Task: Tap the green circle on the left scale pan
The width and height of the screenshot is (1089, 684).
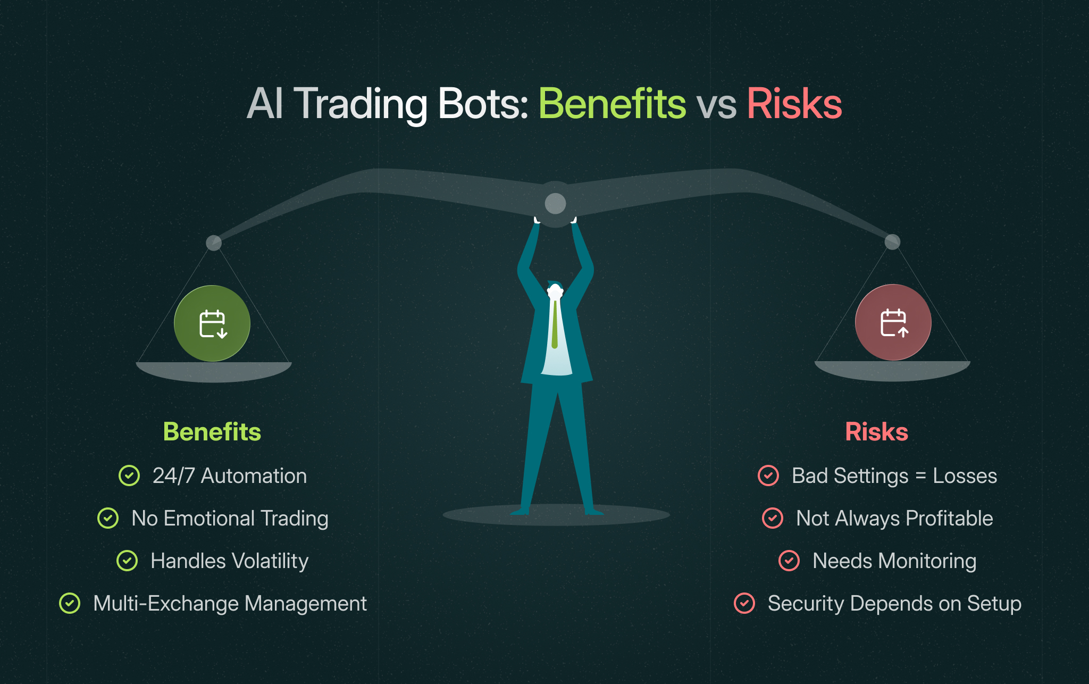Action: (212, 323)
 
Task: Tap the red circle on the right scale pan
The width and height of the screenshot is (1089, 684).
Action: (893, 322)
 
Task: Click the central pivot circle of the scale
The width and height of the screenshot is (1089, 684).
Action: (555, 203)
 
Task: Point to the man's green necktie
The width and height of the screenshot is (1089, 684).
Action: (555, 324)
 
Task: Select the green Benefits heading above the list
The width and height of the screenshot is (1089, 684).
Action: (212, 431)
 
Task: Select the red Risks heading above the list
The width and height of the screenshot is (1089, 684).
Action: (876, 431)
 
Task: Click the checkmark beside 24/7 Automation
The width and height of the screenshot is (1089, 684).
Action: (129, 476)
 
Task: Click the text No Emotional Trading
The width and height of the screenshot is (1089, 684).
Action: (230, 518)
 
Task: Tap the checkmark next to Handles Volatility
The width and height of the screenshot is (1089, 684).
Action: (127, 561)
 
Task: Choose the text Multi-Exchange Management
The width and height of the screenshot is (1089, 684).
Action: (230, 603)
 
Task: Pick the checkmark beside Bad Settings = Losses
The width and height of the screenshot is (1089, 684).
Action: (768, 476)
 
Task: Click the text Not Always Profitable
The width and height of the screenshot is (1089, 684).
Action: (894, 518)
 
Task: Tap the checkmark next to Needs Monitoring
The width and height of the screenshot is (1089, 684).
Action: (789, 561)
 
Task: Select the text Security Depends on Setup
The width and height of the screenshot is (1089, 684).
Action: (894, 603)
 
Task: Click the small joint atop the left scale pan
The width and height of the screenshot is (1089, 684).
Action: (214, 243)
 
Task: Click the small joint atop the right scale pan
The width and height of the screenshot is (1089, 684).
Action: (892, 242)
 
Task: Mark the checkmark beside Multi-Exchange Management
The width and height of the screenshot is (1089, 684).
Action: (70, 603)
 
